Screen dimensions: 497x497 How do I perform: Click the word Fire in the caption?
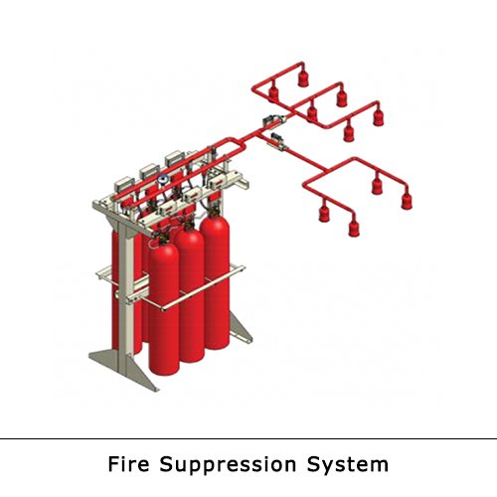[128, 464]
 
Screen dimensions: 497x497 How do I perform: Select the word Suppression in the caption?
[228, 465]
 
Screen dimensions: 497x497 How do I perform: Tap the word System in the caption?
[347, 465]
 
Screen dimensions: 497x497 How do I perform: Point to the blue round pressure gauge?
[163, 179]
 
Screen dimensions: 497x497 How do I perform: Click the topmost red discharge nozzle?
[303, 79]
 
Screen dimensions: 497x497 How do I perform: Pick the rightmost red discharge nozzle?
[407, 200]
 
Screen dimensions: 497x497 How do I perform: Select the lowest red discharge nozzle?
[354, 228]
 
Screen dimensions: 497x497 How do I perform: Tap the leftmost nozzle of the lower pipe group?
[324, 213]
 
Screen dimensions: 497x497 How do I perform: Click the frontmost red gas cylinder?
[164, 308]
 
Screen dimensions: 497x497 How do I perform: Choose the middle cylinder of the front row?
[190, 295]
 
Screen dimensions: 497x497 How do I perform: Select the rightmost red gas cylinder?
[215, 281]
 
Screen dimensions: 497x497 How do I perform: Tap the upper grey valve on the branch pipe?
[273, 121]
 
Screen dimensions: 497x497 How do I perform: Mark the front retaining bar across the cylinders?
[203, 288]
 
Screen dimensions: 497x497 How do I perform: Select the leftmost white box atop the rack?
[124, 185]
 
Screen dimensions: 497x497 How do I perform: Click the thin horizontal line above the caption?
[248, 438]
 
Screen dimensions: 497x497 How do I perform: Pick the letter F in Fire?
[113, 464]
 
